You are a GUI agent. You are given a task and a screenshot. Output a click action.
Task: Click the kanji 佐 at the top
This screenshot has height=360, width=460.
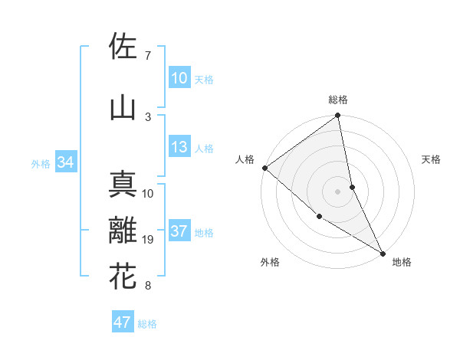pyautogui.click(x=123, y=47)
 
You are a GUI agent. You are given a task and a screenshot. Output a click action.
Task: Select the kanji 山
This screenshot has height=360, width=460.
pyautogui.click(x=123, y=108)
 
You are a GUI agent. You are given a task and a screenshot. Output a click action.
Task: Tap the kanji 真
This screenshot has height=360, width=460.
pyautogui.click(x=123, y=185)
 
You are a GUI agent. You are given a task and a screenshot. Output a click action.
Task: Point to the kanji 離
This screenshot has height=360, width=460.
pyautogui.click(x=123, y=231)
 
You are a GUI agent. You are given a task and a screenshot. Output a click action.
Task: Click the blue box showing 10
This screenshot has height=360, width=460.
pyautogui.click(x=179, y=78)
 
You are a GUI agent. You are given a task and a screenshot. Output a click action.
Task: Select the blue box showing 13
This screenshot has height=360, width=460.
pyautogui.click(x=179, y=148)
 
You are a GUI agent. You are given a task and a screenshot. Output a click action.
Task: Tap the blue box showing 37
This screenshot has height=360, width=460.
pyautogui.click(x=179, y=232)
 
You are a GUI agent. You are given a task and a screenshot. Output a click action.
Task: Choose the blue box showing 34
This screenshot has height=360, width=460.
pyautogui.click(x=65, y=162)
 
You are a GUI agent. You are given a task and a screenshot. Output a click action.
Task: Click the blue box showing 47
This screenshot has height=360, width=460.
pyautogui.click(x=123, y=322)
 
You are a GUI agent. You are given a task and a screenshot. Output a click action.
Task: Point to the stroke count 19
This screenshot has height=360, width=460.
pyautogui.click(x=149, y=241)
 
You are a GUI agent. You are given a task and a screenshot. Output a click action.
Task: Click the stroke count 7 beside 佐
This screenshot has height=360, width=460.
pyautogui.click(x=147, y=56)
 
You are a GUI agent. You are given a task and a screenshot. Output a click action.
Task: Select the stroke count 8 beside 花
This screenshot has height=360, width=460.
pyautogui.click(x=147, y=286)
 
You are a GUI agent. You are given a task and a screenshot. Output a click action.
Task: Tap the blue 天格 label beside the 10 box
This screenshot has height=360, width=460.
pyautogui.click(x=204, y=79)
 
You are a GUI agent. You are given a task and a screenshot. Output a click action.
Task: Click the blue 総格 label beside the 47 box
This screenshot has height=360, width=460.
pyautogui.click(x=147, y=324)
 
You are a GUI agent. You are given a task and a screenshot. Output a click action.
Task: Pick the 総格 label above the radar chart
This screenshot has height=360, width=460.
pyautogui.click(x=338, y=100)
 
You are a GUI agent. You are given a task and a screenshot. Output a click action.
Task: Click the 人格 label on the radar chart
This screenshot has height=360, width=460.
pyautogui.click(x=245, y=159)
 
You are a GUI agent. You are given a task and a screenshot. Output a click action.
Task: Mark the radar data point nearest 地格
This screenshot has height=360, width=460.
pyautogui.click(x=382, y=252)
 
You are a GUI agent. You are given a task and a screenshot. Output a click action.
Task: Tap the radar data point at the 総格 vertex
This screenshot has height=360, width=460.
pyautogui.click(x=338, y=116)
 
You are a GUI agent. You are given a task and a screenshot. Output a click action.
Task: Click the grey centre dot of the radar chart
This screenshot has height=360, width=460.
pyautogui.click(x=337, y=191)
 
